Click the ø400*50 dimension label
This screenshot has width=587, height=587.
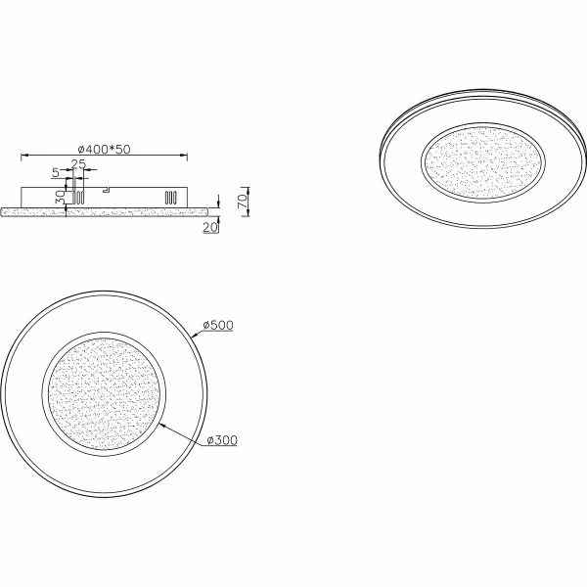pos(104,149)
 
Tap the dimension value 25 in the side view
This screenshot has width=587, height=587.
pos(78,163)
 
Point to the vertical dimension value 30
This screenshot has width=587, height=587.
pos(60,196)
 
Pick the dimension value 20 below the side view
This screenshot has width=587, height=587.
pos(209,227)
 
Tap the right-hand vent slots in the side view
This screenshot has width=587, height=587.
pos(170,196)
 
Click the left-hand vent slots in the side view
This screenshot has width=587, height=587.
pos(76,196)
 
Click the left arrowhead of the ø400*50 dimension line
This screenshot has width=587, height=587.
pos(23,155)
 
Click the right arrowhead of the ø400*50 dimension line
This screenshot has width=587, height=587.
pos(186,155)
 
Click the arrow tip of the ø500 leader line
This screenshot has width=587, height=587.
pos(196,337)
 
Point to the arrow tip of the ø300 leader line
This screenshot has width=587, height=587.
pos(158,424)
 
